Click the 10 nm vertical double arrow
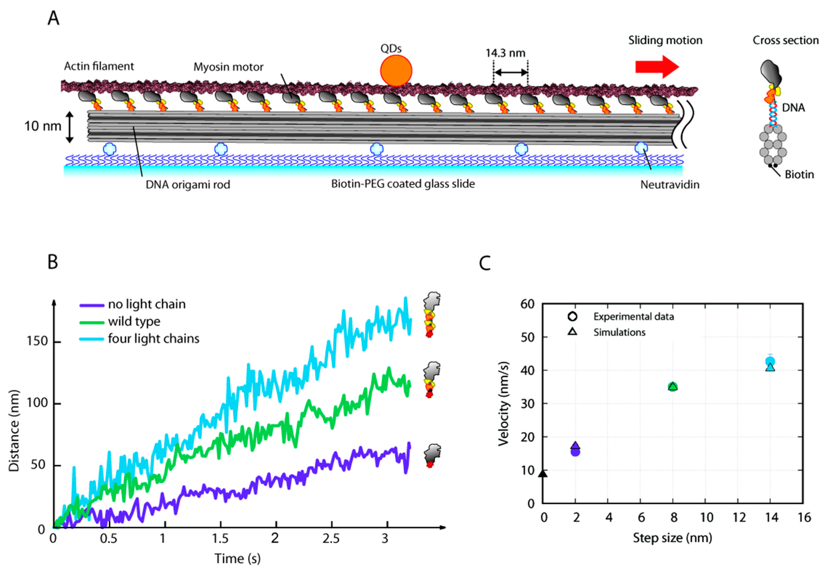click(70, 127)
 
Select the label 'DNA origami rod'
click(187, 185)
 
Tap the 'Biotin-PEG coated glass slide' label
click(403, 184)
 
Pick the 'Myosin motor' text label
click(228, 67)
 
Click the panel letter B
click(53, 262)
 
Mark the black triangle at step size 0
click(543, 474)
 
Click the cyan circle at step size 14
click(770, 361)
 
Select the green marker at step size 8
click(673, 387)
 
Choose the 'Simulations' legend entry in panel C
click(619, 332)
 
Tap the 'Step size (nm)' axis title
click(673, 538)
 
